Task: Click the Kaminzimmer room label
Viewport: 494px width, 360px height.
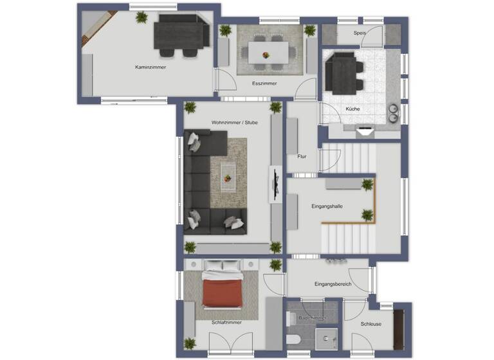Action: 151,67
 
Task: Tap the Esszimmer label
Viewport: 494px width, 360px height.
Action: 264,84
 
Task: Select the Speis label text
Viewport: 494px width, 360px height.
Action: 360,33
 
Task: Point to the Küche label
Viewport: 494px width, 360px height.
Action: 352,109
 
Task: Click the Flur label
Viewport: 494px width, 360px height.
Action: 302,156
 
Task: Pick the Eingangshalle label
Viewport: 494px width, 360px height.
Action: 327,206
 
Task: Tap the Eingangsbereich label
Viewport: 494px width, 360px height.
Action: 333,283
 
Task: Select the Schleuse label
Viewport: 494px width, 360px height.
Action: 370,324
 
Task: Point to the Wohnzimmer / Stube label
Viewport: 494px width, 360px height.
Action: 234,122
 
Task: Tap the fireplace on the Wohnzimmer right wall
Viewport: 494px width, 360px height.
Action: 275,184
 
